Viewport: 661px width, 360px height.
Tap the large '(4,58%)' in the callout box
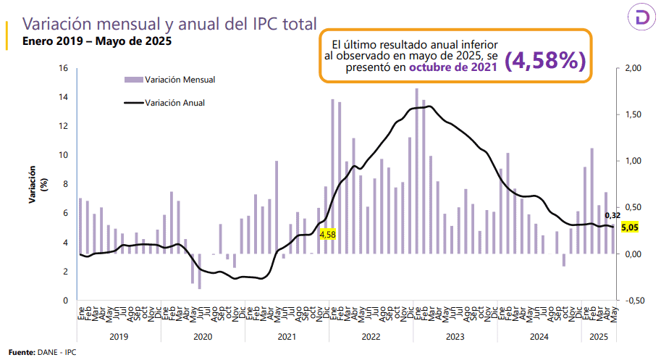(544, 62)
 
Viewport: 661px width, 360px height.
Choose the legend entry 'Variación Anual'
(174, 103)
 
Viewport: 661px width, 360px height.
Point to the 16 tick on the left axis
(63, 68)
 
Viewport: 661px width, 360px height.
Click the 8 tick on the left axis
(65, 184)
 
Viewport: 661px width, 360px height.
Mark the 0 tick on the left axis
(65, 300)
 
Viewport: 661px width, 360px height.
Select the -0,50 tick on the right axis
(632, 300)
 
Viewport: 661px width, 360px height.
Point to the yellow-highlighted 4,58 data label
(327, 234)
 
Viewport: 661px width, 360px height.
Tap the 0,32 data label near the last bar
(613, 215)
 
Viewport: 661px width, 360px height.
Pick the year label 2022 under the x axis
(371, 336)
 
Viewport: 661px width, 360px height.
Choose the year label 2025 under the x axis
(597, 336)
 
